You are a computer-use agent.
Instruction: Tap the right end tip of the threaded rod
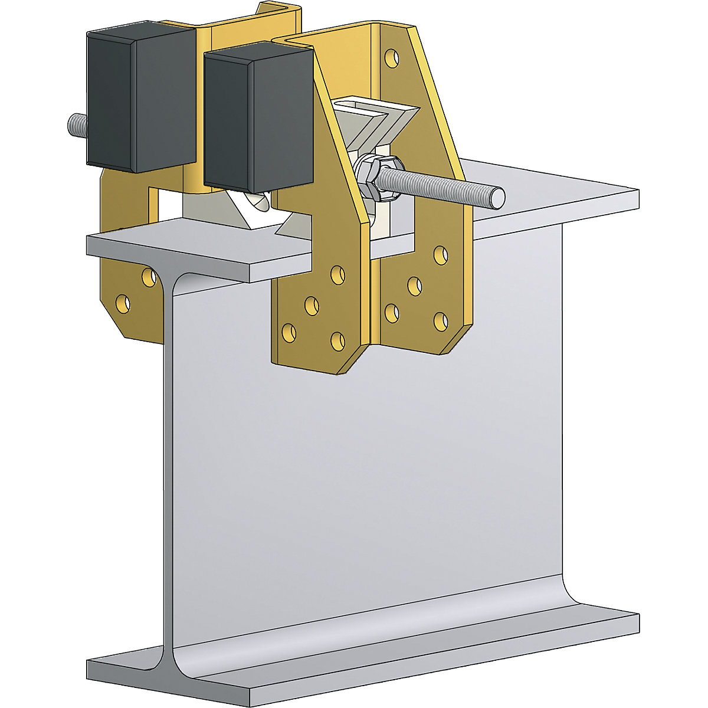(499, 196)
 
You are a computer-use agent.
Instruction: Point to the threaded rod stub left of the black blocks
(76, 124)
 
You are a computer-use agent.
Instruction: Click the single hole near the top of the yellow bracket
(389, 57)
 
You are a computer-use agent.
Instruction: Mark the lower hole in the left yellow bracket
(123, 303)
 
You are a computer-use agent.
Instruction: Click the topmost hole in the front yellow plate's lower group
(337, 274)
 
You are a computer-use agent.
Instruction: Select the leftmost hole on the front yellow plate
(289, 333)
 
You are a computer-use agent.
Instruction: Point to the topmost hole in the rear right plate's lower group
(440, 255)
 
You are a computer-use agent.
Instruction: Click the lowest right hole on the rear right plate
(440, 322)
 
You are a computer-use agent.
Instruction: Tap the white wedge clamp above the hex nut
(378, 124)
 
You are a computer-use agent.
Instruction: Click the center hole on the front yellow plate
(312, 305)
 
